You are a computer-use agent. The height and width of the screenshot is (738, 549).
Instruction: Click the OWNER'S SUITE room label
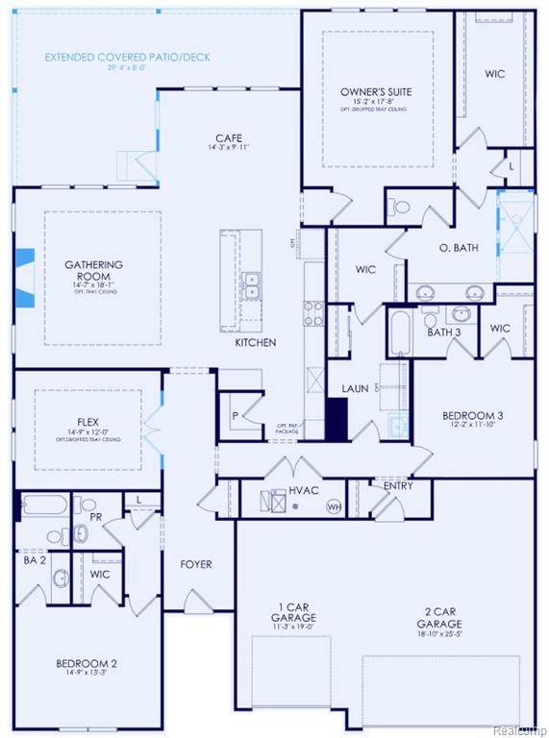376,92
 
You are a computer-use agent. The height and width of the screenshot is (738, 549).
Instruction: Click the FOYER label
195,564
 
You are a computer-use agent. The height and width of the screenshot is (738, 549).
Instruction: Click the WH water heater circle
335,505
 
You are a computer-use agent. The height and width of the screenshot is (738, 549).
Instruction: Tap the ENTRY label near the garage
397,486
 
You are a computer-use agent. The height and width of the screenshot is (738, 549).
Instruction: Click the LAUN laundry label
355,389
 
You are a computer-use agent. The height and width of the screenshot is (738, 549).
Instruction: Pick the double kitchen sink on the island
252,285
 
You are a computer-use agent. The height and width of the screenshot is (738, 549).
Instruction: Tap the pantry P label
237,417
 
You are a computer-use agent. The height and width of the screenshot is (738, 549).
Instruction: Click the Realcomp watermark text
519,729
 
